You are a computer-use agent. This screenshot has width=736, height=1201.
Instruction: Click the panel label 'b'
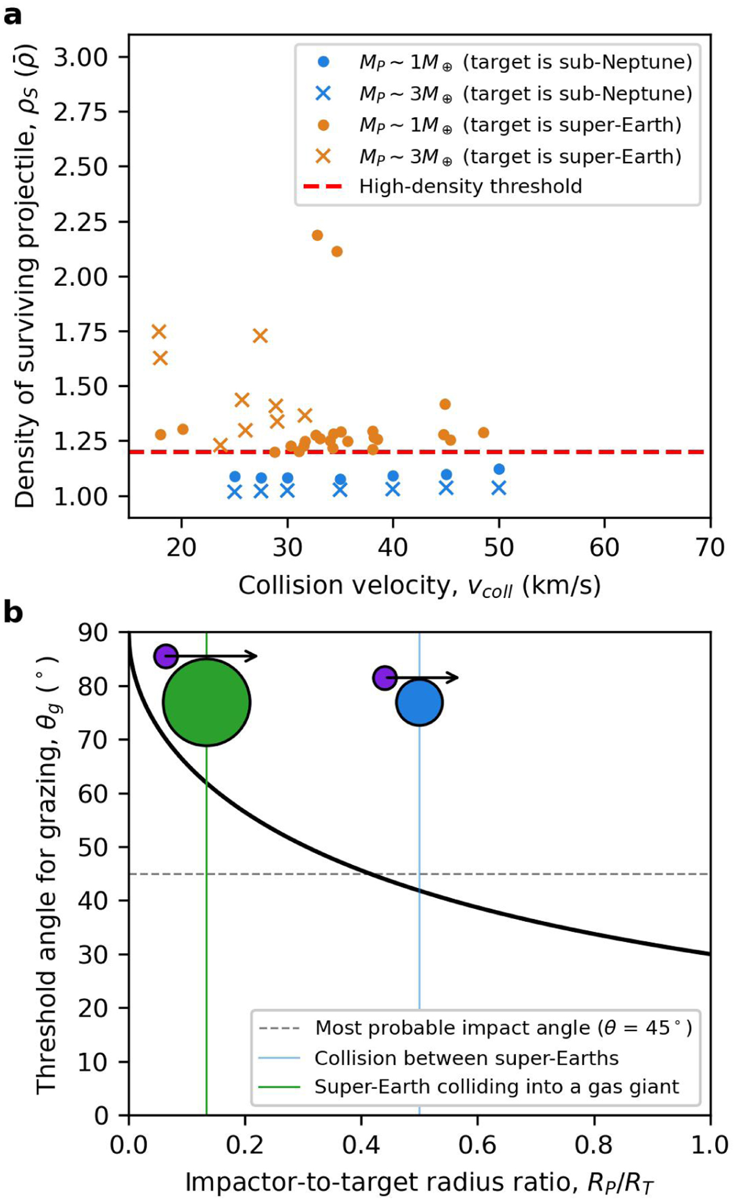pos(13,613)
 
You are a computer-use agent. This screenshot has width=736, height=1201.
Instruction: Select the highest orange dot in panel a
pos(317,236)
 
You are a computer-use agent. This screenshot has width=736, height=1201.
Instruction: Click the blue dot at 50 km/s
pos(499,469)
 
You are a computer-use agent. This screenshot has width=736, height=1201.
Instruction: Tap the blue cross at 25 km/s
pos(234,492)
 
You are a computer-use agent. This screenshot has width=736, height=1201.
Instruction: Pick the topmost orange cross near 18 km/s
pos(159,332)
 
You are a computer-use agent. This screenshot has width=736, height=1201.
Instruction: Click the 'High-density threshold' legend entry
pos(470,186)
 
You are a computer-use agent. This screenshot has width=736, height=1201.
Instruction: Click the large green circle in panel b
pos(207,702)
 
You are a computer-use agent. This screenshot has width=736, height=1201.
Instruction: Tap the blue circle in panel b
pos(420,702)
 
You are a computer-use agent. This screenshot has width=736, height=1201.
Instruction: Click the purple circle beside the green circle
pos(166,656)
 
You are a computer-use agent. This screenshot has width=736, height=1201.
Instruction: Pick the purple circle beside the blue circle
pos(385,678)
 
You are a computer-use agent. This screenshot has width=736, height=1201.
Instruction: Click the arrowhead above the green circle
pos(251,656)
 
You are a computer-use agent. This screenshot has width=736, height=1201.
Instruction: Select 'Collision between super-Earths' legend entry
pos(466,1057)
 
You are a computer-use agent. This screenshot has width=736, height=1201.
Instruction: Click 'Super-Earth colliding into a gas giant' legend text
pos(497,1086)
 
